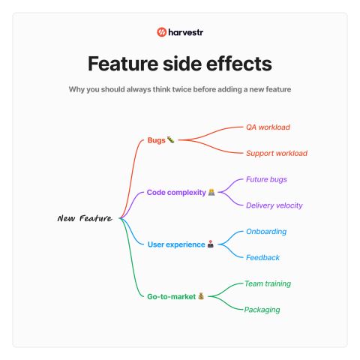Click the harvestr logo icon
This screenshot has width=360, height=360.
click(x=161, y=32)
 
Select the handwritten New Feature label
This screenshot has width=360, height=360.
click(x=85, y=218)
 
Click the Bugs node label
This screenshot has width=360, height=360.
click(x=157, y=140)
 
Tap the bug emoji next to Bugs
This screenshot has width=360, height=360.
click(x=171, y=139)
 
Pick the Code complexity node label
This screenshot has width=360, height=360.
click(x=176, y=193)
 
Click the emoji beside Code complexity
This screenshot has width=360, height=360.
click(x=211, y=192)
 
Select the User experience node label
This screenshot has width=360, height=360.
click(x=176, y=244)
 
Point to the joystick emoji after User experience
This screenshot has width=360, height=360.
click(x=211, y=244)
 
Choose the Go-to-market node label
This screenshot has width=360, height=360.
click(x=172, y=297)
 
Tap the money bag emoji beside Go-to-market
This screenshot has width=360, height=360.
click(x=201, y=296)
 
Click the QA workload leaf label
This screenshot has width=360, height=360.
click(x=268, y=127)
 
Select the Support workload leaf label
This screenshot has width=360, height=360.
click(x=277, y=153)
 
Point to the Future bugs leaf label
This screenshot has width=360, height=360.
click(x=266, y=179)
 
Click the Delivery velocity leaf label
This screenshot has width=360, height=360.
click(x=274, y=205)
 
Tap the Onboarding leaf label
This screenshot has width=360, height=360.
click(x=266, y=232)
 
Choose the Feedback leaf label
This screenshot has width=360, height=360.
click(x=262, y=257)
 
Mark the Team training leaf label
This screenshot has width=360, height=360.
click(x=268, y=283)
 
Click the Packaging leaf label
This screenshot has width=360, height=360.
click(x=262, y=310)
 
